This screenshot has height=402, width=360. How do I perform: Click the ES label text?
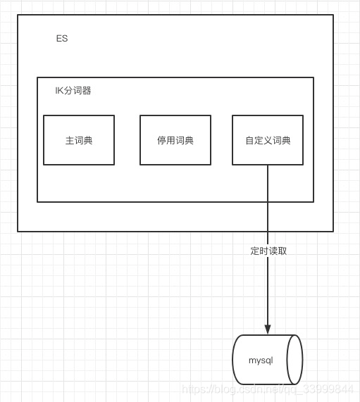tap(62, 39)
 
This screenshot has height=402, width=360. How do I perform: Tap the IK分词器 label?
tap(73, 91)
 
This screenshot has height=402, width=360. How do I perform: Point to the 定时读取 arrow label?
tap(268, 251)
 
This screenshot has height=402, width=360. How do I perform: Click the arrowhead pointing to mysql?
tap(268, 329)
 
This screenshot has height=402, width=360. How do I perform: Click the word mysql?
tap(261, 360)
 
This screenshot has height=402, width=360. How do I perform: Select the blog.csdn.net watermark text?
tap(268, 389)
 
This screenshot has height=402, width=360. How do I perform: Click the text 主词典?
tap(79, 140)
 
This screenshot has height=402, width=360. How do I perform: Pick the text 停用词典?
tap(175, 140)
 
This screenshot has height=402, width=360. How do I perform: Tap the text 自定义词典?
tap(268, 140)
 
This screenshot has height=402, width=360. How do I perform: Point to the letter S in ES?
tap(65, 39)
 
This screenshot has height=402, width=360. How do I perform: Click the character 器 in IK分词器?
tap(87, 91)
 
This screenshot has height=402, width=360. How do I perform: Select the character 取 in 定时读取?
tap(283, 251)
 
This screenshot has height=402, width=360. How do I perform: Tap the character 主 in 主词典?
tap(70, 140)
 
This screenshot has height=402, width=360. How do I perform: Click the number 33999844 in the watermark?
tap(328, 389)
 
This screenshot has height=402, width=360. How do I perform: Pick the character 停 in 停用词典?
tap(161, 140)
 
